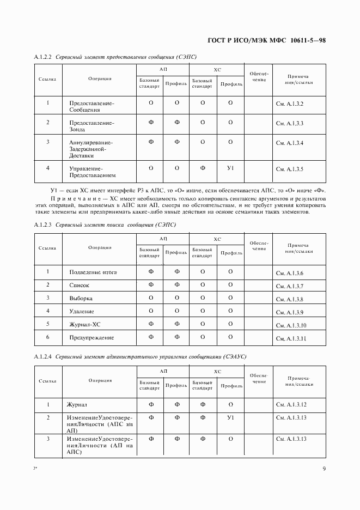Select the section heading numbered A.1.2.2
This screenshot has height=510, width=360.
[x=115, y=57]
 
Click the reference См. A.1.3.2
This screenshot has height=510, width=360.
[x=290, y=104]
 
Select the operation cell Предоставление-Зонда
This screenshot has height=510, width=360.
[x=91, y=126]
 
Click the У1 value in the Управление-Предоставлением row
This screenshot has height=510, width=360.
[x=230, y=168]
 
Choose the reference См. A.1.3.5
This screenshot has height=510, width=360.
[x=290, y=169]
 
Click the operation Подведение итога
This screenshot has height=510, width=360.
[x=93, y=272]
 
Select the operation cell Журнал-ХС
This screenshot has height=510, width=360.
[x=85, y=325]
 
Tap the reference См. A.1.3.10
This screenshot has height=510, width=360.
[x=291, y=325]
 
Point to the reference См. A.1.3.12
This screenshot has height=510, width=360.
[x=291, y=405]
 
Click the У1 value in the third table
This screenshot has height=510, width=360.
[x=230, y=417]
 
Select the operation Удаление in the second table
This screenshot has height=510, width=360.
[x=82, y=312]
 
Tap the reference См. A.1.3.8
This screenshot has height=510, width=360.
[x=290, y=299]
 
